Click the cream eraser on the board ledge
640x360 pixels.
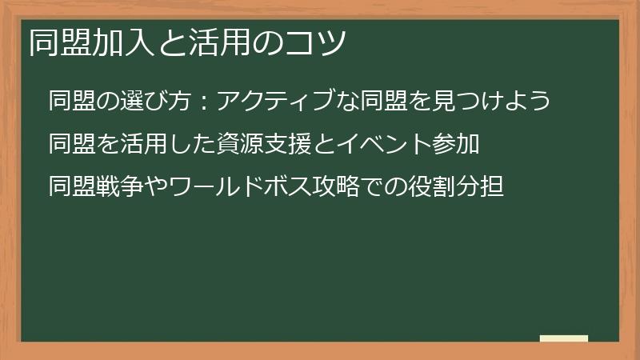pos(564,339)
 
